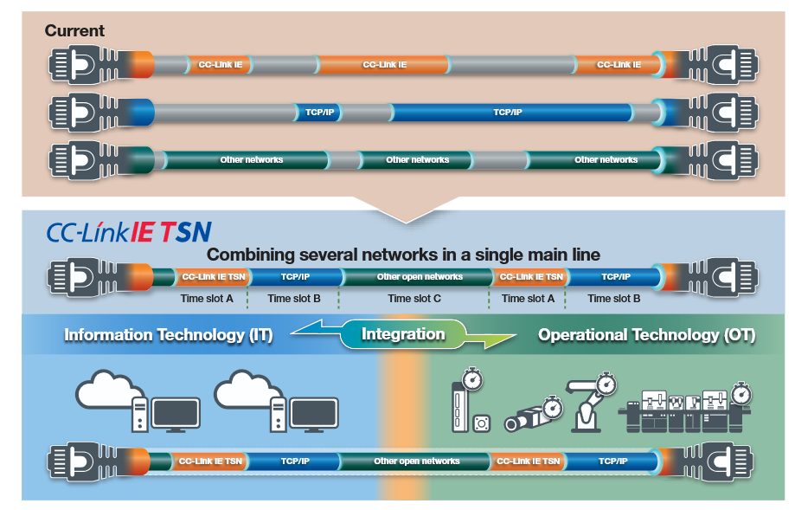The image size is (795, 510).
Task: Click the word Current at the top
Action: click(x=74, y=30)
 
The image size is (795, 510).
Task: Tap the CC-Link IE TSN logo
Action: click(x=128, y=232)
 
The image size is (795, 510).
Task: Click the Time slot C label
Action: click(x=414, y=299)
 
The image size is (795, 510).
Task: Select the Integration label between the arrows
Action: click(x=403, y=334)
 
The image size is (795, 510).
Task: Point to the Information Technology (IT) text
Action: click(x=168, y=335)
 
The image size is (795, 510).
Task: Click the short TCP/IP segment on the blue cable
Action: click(x=319, y=113)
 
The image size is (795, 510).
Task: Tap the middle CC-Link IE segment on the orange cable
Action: click(x=384, y=65)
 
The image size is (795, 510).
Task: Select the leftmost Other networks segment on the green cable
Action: click(x=251, y=160)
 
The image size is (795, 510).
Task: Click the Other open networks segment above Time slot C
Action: click(x=420, y=277)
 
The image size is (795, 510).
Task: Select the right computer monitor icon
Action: click(x=314, y=415)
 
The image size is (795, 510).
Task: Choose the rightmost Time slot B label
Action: click(x=614, y=299)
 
